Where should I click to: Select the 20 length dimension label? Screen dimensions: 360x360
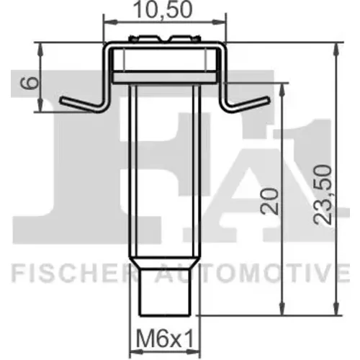coord(270,201)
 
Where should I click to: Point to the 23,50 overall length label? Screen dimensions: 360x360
coord(323,194)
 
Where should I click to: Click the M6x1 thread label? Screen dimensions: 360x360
coord(165,339)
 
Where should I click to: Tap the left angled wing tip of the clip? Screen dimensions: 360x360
coord(62,100)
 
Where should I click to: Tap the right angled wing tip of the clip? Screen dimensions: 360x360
coord(268,99)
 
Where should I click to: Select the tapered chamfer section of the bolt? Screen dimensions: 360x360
coord(164,264)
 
